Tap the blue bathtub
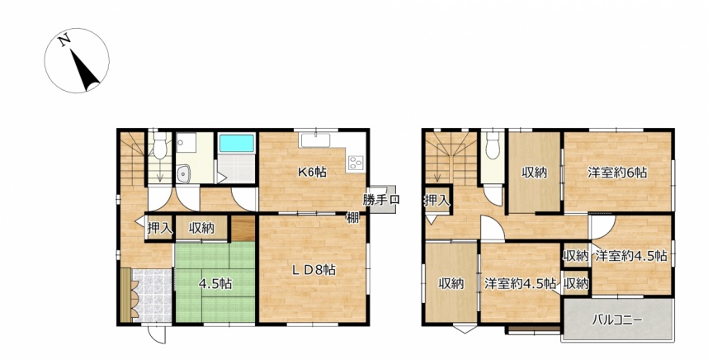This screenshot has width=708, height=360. click(237, 143)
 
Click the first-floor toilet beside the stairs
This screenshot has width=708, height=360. click(160, 145)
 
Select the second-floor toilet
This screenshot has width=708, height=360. click(493, 145)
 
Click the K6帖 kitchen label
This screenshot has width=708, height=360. click(312, 172)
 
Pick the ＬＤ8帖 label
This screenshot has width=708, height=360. click(314, 270)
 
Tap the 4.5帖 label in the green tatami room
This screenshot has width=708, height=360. click(216, 284)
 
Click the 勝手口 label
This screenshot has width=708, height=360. click(380, 200)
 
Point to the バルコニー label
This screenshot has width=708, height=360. click(617, 320)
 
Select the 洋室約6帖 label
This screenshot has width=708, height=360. click(617, 173)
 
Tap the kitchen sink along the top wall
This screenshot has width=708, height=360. click(315, 140)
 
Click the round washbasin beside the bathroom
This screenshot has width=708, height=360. click(184, 174)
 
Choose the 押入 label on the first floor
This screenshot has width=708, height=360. click(160, 228)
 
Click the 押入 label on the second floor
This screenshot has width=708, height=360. click(437, 201)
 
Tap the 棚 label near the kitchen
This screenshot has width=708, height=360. click(352, 218)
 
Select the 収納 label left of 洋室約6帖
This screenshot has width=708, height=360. click(535, 173)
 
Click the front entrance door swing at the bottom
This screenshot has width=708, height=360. click(157, 334)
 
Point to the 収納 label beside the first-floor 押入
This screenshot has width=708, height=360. click(201, 229)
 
